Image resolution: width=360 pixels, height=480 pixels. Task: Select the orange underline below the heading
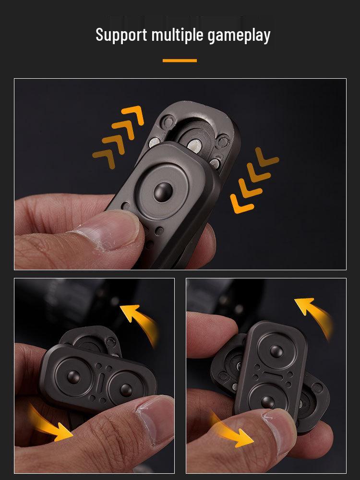(180, 60)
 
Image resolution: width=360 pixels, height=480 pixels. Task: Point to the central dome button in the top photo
(163, 191)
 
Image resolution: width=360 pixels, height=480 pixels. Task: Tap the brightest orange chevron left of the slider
(133, 115)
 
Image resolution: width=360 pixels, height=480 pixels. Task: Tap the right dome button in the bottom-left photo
(126, 388)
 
